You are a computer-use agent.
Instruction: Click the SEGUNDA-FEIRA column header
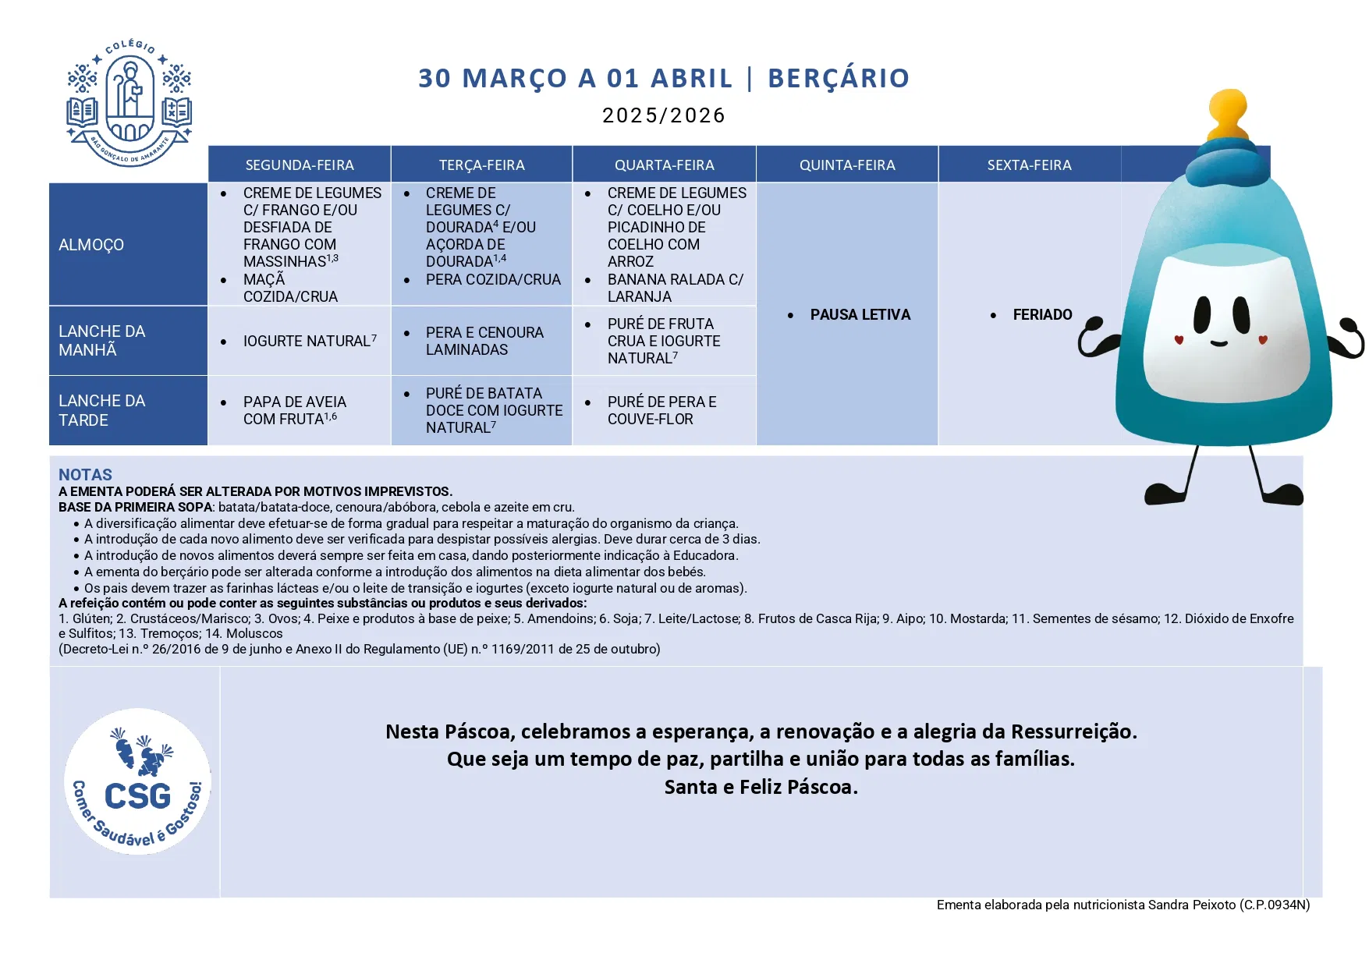point(300,165)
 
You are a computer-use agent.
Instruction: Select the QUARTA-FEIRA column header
point(664,165)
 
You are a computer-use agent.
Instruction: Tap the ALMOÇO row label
point(91,245)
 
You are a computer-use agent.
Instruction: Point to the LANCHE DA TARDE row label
point(101,410)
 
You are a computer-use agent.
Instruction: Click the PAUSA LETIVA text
point(860,315)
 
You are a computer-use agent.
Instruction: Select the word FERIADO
point(1042,315)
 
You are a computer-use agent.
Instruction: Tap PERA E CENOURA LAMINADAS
point(484,342)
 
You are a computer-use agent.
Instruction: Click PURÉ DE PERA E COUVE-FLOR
point(661,410)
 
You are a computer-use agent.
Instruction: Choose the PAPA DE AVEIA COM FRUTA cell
point(294,410)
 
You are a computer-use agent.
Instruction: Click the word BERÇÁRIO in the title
point(839,79)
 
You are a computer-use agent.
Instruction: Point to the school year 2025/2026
point(664,116)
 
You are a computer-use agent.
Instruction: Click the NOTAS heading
point(85,475)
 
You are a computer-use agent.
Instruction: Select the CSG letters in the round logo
point(137,796)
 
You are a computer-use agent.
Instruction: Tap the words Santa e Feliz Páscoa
point(761,788)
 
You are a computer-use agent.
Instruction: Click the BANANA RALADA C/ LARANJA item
point(675,288)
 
